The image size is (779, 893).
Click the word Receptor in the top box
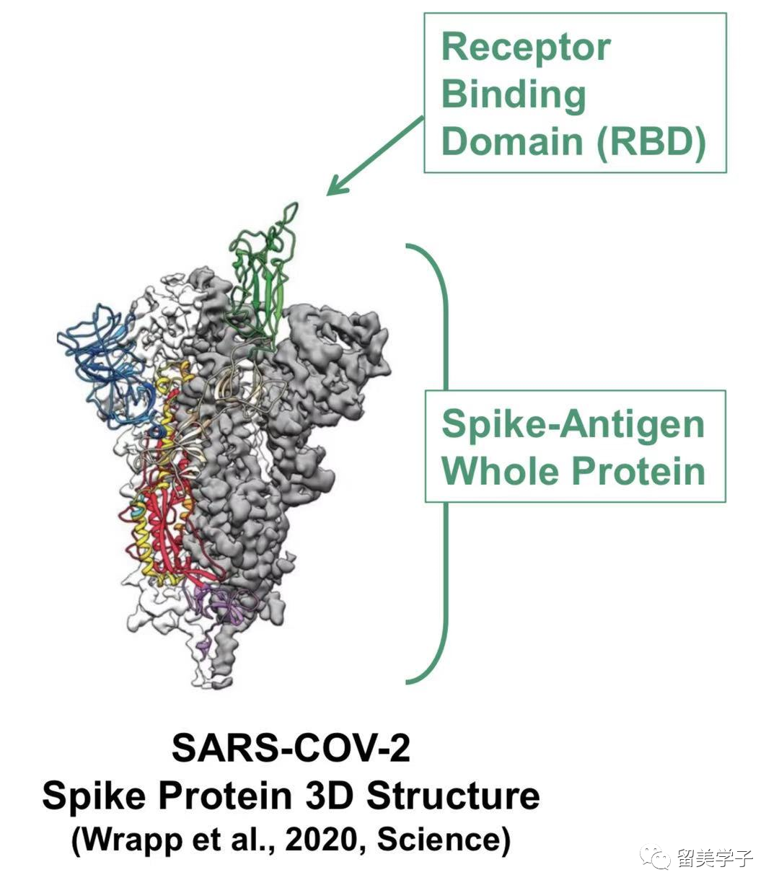click(x=526, y=48)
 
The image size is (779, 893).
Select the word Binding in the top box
click(x=513, y=94)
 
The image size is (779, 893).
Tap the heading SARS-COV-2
click(x=291, y=748)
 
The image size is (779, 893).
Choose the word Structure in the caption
click(x=453, y=796)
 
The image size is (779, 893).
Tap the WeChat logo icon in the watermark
click(x=656, y=858)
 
